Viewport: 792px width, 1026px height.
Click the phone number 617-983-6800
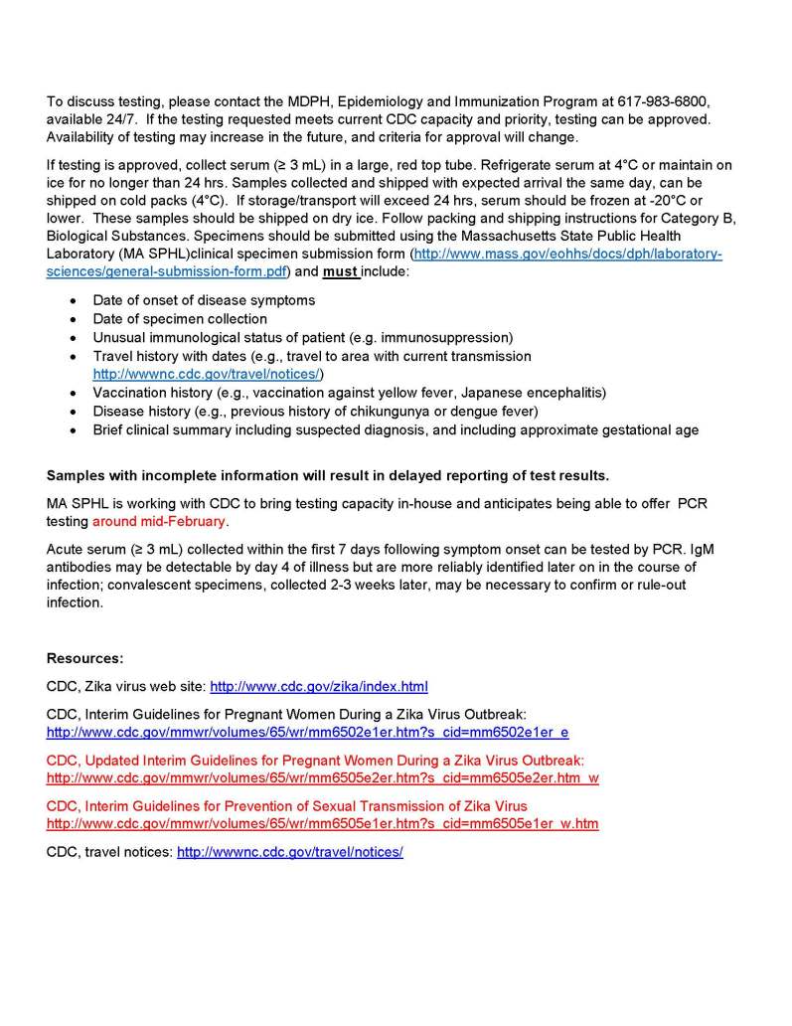click(662, 102)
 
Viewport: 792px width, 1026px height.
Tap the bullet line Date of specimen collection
click(180, 319)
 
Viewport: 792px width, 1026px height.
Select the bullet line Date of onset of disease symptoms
click(204, 300)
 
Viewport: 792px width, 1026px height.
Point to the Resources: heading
click(85, 658)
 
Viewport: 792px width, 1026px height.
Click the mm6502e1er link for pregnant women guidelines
click(307, 733)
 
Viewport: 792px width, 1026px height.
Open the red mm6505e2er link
click(322, 778)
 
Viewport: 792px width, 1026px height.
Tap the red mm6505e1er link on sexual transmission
click(322, 824)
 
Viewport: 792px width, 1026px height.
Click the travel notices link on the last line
click(290, 853)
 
